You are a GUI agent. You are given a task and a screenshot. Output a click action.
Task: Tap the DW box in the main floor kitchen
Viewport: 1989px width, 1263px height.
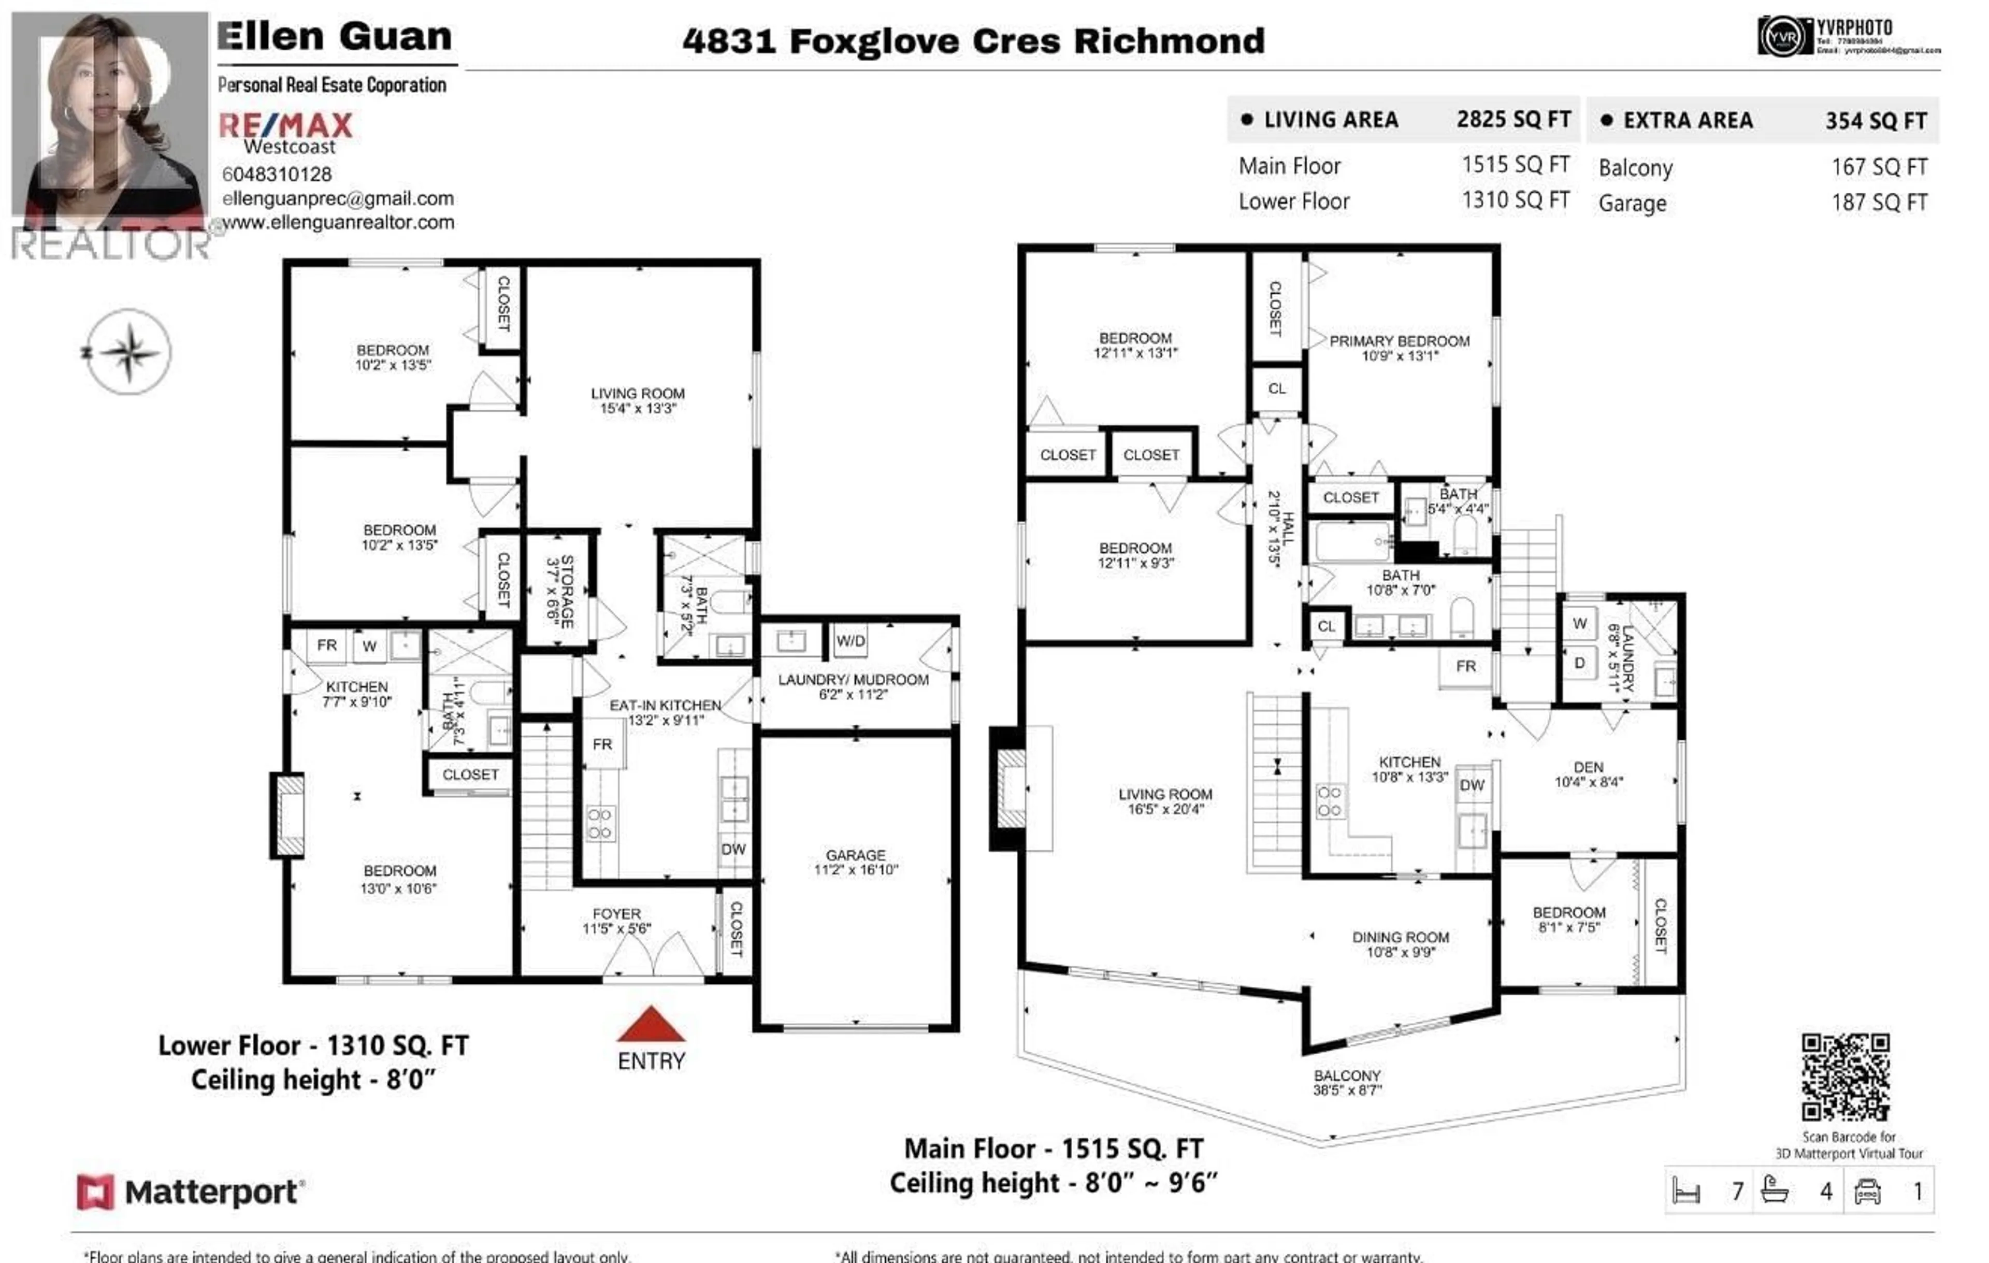1472,785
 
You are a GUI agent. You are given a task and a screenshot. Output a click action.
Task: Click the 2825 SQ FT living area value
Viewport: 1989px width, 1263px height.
1513,120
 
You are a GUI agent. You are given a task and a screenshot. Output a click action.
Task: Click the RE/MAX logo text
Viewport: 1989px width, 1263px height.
286,125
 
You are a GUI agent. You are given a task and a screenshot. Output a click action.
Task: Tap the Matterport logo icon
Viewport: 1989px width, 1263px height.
95,1192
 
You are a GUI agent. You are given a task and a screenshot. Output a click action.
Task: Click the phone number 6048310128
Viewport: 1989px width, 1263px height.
277,174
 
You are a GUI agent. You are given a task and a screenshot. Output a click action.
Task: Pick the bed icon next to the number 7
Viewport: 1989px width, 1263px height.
1685,1191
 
